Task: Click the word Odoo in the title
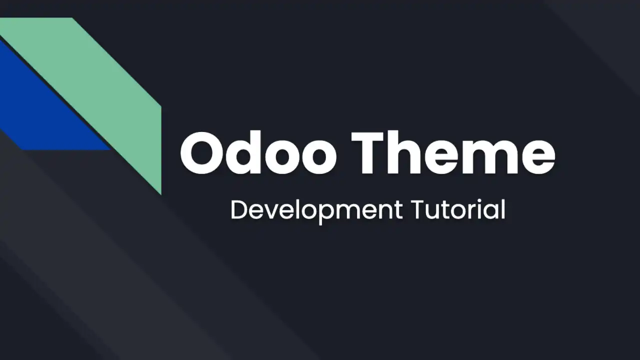[x=258, y=152]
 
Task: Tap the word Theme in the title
[x=453, y=152]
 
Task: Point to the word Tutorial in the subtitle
[x=458, y=209]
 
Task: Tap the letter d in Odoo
[x=245, y=152]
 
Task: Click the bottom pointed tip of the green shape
[x=161, y=195]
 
